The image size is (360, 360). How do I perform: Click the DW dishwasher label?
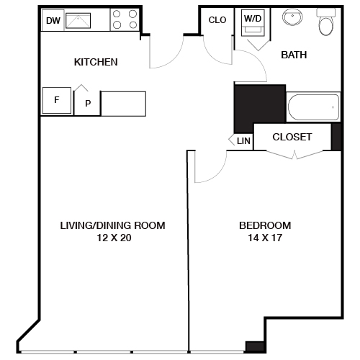pyautogui.click(x=53, y=20)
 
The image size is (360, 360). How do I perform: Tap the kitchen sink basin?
pyautogui.click(x=86, y=20)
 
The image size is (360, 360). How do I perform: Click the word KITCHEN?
pyautogui.click(x=96, y=62)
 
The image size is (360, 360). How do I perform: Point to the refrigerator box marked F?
pyautogui.click(x=57, y=100)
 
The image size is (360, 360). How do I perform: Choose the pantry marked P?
pyautogui.click(x=88, y=104)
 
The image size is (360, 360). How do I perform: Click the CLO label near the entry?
pyautogui.click(x=217, y=20)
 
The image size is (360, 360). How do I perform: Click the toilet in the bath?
pyautogui.click(x=325, y=24)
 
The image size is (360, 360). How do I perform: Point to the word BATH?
pyautogui.click(x=294, y=55)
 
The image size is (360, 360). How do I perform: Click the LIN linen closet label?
pyautogui.click(x=243, y=141)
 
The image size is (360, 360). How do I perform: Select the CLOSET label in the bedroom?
pyautogui.click(x=292, y=137)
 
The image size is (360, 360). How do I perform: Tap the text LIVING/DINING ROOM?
pyautogui.click(x=112, y=225)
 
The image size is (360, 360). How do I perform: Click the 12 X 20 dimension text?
pyautogui.click(x=112, y=238)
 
